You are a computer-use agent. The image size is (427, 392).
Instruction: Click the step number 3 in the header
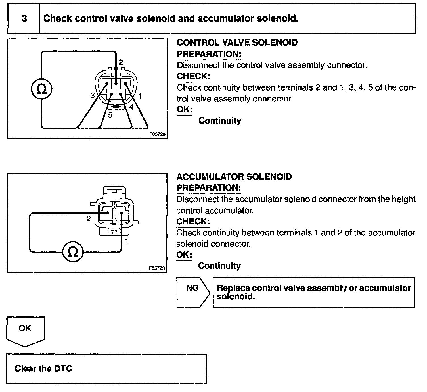pos(24,19)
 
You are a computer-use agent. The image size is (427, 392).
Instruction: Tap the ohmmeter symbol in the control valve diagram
pos(41,89)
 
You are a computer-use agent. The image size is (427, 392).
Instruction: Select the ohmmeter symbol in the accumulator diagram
pos(73,251)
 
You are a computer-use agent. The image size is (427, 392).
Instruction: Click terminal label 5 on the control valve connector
pos(110,115)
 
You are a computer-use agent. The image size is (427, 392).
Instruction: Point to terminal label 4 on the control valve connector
pos(131,107)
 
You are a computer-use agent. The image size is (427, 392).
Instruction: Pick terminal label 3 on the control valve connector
pos(93,95)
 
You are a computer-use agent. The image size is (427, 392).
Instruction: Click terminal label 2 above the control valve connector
pos(121,62)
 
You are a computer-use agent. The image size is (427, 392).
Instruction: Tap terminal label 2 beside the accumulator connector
pos(89,219)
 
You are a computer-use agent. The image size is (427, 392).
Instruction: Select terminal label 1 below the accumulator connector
pos(127,241)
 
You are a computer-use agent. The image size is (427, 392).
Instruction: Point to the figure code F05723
pos(157,268)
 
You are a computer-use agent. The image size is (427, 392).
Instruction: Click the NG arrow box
pos(193,292)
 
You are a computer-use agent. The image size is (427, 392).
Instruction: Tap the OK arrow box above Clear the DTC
pos(25,330)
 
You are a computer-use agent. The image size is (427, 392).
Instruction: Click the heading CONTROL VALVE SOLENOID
pos(237,43)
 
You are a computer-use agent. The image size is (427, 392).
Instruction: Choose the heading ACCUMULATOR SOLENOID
pos(234,177)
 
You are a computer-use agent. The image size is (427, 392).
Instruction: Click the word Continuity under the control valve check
pos(220,121)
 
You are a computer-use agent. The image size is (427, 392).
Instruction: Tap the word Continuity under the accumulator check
pos(219,266)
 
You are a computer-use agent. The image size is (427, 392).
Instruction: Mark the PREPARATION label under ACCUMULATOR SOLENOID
pos(209,188)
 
